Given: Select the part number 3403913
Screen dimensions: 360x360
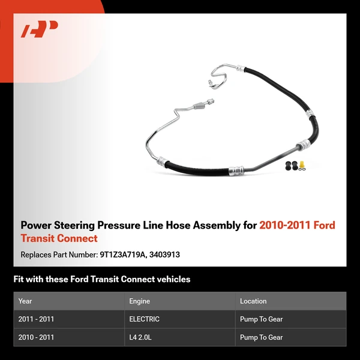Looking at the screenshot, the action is [x=166, y=254].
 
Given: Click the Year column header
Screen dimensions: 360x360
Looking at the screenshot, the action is [x=25, y=301].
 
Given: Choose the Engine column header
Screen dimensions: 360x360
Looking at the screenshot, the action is [x=139, y=301].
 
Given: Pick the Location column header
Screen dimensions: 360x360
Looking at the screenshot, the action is [x=253, y=301].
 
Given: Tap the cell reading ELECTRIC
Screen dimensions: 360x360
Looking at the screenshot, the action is [x=144, y=319].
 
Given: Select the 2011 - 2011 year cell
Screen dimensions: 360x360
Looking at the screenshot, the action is [x=36, y=319].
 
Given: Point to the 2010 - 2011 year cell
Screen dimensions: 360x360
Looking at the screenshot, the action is [x=36, y=337].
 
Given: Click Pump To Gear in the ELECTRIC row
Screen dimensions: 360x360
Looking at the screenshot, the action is [x=261, y=319].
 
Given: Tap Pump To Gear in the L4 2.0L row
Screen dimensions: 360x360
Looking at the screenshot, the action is [x=261, y=337].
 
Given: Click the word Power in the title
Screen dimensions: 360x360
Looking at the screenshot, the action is [x=35, y=226].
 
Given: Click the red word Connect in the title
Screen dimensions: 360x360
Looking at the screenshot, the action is [x=77, y=238].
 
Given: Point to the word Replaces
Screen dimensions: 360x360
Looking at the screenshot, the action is [x=37, y=254].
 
